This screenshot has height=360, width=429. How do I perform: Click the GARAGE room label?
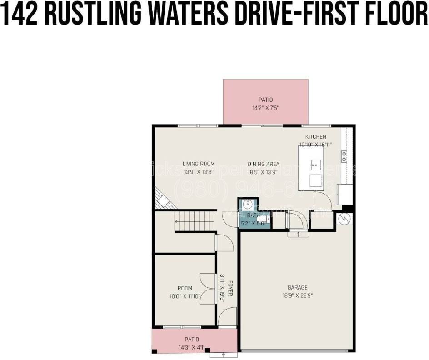(297, 287)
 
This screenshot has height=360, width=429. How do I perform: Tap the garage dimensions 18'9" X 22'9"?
(297, 295)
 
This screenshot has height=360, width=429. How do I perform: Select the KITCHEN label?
(315, 137)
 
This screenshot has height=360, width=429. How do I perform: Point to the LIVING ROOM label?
(199, 164)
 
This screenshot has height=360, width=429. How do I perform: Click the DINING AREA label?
(264, 164)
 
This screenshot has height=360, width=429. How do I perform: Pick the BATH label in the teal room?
(253, 215)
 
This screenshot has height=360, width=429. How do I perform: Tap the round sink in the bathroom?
(248, 204)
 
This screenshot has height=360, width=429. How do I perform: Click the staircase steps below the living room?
(195, 221)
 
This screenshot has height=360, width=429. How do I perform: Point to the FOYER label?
(230, 288)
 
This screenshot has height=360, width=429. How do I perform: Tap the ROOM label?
(185, 288)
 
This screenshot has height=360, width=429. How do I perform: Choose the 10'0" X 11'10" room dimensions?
(185, 296)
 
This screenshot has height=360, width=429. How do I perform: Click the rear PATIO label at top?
(266, 100)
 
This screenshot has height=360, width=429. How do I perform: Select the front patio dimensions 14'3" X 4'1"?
(191, 348)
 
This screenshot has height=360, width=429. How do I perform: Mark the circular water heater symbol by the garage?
(344, 219)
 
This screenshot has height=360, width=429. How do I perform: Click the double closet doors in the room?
(207, 288)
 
